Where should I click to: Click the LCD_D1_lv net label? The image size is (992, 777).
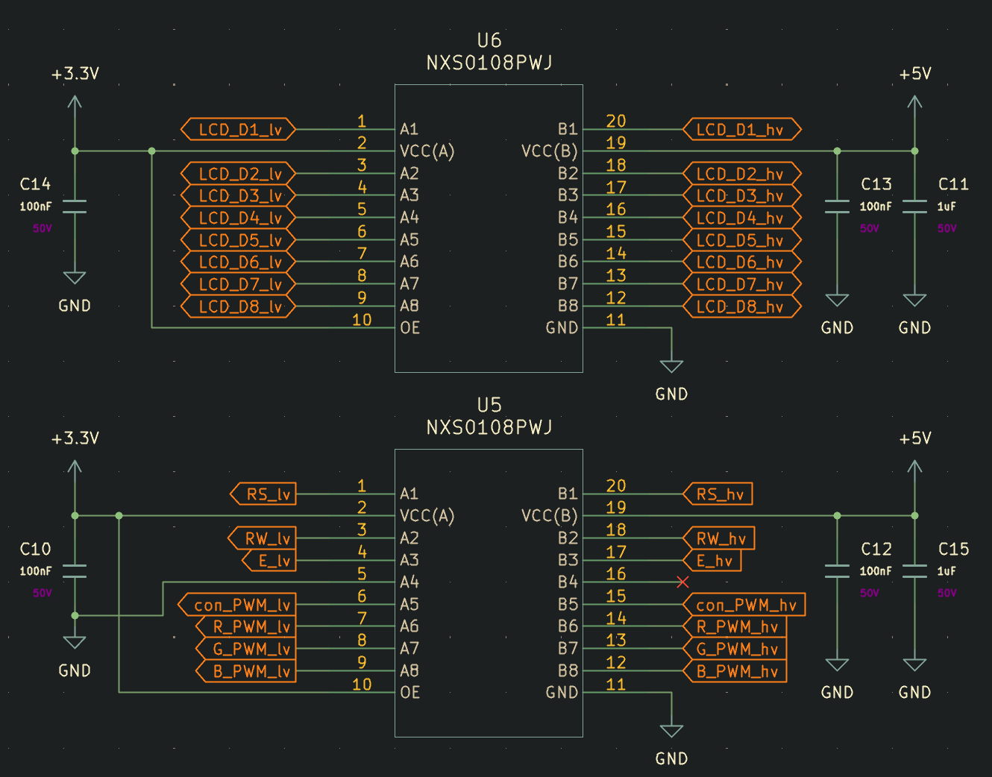point(239,130)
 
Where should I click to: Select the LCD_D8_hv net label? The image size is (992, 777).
point(741,306)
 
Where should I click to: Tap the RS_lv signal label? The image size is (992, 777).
point(266,494)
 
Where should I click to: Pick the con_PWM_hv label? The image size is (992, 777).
point(745,605)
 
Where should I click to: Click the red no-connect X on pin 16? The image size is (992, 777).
point(682,582)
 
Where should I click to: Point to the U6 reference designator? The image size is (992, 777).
point(489,40)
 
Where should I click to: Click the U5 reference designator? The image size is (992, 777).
point(489,405)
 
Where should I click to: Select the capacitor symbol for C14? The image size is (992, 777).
point(75,207)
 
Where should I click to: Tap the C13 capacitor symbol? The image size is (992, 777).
point(837,207)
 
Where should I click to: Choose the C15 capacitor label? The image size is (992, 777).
point(953,550)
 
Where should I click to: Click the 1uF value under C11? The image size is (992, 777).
point(947,207)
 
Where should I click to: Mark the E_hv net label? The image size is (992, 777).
point(714,561)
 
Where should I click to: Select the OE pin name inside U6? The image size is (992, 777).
point(410,328)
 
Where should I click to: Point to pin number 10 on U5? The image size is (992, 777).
point(362,685)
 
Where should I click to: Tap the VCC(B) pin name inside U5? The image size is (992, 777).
point(550,516)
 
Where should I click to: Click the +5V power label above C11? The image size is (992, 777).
point(915,74)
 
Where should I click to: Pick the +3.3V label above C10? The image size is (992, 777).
point(75,438)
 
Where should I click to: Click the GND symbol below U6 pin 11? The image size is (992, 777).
point(671,367)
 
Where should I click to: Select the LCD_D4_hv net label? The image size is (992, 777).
point(741,218)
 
